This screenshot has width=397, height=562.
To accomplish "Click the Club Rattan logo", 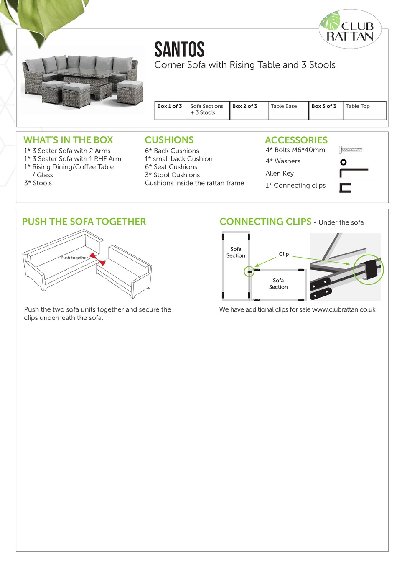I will [x=350, y=29].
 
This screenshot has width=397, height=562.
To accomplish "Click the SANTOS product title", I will [x=179, y=49].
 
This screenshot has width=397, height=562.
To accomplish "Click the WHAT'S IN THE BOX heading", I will [x=68, y=140].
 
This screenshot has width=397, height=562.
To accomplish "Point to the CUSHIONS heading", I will [x=169, y=140].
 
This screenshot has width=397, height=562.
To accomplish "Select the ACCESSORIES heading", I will [x=296, y=140].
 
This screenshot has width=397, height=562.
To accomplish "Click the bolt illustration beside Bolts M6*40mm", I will [x=351, y=150].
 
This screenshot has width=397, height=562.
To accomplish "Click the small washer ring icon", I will [x=344, y=162].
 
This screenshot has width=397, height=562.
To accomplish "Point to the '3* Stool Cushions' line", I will [x=172, y=175].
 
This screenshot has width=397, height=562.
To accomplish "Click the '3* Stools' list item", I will [x=38, y=183].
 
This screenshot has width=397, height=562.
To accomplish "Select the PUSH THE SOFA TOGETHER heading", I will [x=84, y=222].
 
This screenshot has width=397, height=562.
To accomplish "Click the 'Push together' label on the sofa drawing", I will [x=74, y=258].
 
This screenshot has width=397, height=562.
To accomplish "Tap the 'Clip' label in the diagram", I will [x=284, y=254].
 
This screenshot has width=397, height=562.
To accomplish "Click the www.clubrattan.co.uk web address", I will [x=344, y=310].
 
